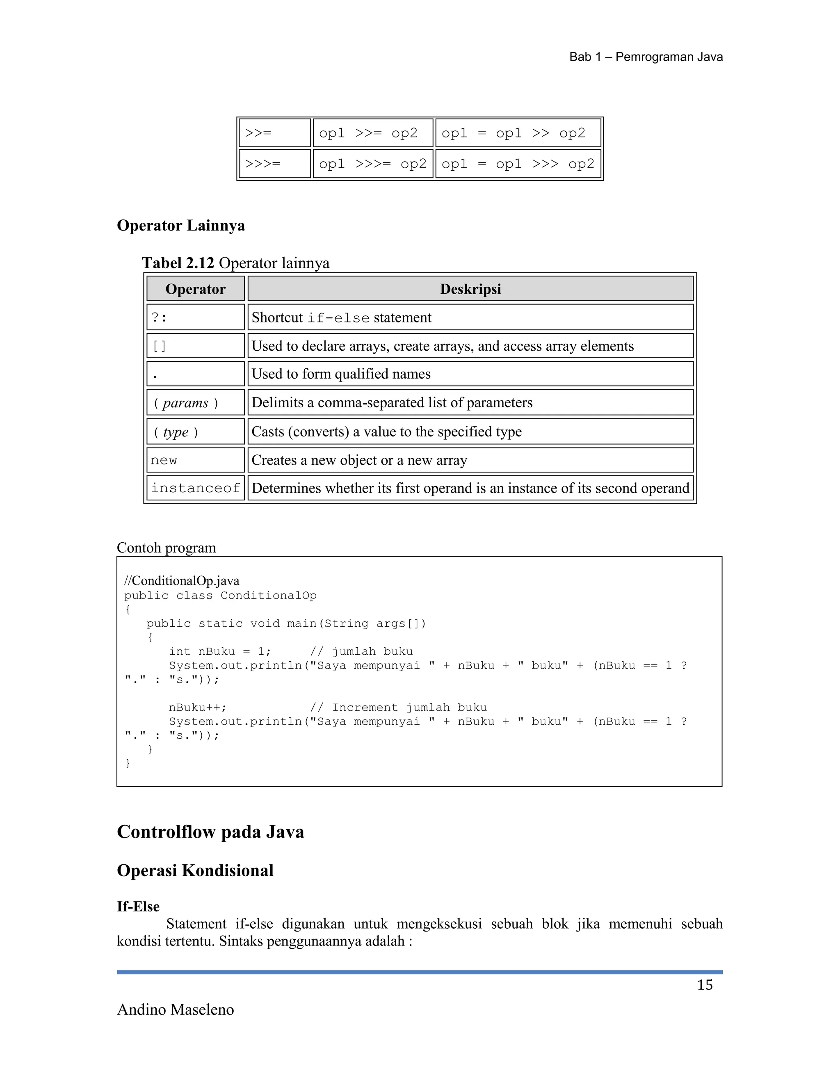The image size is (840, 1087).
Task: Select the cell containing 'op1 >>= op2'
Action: [x=372, y=133]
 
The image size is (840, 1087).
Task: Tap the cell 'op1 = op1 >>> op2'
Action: [x=518, y=164]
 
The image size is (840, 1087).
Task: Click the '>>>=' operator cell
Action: [x=274, y=164]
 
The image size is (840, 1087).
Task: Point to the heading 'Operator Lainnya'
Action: [x=180, y=226]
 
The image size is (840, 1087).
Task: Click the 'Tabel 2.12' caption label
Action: [x=178, y=263]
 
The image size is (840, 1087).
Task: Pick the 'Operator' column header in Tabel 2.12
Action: [x=195, y=289]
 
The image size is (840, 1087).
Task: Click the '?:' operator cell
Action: [x=195, y=317]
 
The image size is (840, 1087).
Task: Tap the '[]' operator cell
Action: [x=195, y=346]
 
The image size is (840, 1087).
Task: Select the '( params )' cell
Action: [x=195, y=403]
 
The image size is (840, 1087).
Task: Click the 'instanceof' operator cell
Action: [x=195, y=488]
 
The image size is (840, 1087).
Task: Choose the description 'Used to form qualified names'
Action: [x=341, y=374]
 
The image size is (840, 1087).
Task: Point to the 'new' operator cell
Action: [x=195, y=460]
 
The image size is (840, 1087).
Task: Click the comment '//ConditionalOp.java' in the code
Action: [x=182, y=581]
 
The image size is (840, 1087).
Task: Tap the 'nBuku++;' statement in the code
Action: [x=198, y=707]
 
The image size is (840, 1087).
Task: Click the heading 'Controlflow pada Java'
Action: [x=210, y=832]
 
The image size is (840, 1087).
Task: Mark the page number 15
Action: [x=704, y=985]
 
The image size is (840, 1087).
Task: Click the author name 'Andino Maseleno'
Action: [x=175, y=1010]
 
